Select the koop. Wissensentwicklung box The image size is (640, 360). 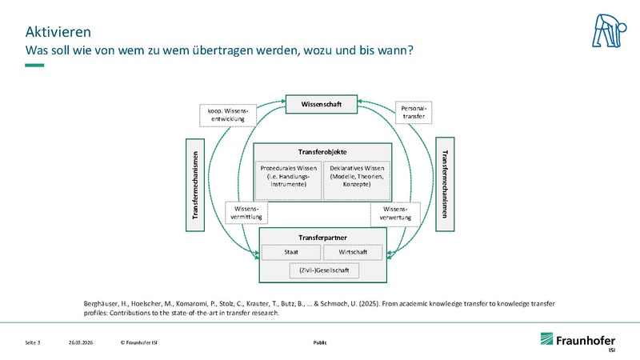click(227, 114)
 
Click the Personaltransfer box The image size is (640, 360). click(414, 112)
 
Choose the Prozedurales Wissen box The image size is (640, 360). click(288, 176)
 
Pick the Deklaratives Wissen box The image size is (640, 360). click(356, 176)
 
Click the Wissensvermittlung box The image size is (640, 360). click(247, 213)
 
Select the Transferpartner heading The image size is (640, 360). click(322, 237)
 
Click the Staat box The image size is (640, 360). click(290, 252)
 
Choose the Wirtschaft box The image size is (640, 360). click(353, 252)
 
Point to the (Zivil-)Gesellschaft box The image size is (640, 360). click(322, 270)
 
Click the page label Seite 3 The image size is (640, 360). click(33, 342)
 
